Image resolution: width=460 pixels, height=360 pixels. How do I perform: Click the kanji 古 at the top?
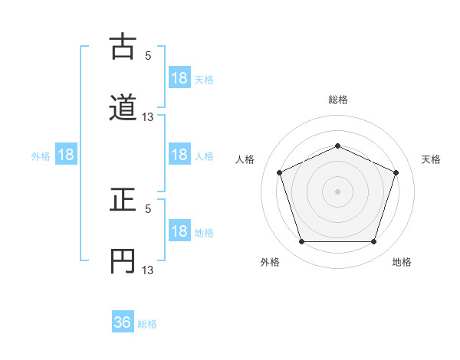point(123,48)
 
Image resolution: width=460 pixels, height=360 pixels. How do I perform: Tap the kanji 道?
point(123,107)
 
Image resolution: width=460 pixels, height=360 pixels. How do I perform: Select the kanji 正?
point(123,201)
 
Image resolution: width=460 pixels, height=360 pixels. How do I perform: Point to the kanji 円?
point(123,260)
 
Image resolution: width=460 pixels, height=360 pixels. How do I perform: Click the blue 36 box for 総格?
point(123,322)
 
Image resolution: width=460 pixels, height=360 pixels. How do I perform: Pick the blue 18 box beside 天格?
point(179,78)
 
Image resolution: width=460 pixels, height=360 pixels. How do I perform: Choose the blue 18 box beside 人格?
point(179,155)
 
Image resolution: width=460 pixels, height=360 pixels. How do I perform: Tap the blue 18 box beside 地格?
point(179,231)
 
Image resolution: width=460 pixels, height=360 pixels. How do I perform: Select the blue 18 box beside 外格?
point(66,155)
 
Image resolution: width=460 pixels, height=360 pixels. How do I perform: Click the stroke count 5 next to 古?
point(148,55)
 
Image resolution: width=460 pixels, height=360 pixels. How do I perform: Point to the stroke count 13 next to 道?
point(148,116)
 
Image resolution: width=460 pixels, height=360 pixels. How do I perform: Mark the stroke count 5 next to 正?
point(148,208)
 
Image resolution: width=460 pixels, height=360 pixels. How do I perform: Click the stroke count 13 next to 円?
point(148,270)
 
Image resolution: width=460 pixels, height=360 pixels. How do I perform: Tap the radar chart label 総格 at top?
point(337,100)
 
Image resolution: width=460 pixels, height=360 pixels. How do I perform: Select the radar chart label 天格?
point(431,159)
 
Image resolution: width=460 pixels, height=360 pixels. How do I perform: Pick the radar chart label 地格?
point(402,262)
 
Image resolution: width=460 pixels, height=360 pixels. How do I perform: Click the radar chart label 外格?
point(270,262)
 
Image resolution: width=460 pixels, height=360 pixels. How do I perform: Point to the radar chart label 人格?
point(245,159)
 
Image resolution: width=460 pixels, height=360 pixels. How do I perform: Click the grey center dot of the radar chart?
point(337,191)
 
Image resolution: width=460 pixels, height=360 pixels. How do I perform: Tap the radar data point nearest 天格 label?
point(396,172)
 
